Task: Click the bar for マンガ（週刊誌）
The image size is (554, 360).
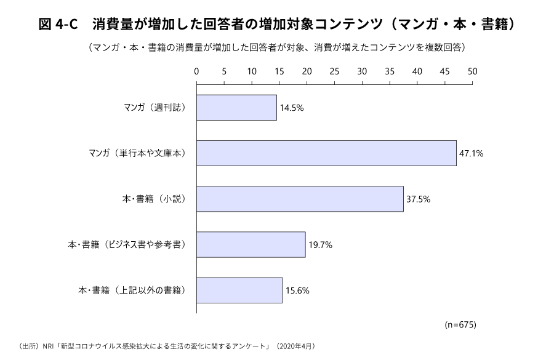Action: tap(236, 108)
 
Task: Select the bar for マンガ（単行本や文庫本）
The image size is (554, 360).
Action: tap(326, 153)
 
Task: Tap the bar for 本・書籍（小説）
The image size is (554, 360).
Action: tap(300, 199)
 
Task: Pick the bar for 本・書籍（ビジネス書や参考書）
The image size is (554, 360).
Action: tap(251, 244)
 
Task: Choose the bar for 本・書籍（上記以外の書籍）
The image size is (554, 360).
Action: tap(239, 290)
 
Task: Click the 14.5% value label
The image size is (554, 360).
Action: tap(292, 108)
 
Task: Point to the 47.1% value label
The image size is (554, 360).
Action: tap(471, 153)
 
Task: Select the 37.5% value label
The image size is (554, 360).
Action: tap(418, 199)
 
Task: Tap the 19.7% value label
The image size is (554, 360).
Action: tap(320, 244)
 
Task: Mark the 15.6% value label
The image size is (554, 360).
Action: tap(297, 290)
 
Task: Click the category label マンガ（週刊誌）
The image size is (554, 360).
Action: tap(155, 108)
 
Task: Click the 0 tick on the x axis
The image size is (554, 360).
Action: tap(196, 71)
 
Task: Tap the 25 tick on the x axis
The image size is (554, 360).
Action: tap(335, 71)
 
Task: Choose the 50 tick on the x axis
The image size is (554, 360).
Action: tap(473, 71)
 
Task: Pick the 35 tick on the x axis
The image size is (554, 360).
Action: tap(390, 71)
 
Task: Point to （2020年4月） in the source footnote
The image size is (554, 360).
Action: tap(298, 346)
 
